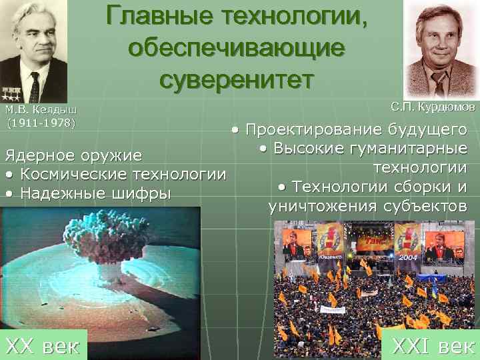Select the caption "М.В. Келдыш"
point(41,110)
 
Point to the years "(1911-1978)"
point(41,123)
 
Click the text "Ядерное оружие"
point(73,156)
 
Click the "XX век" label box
point(43,345)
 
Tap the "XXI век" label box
point(433,345)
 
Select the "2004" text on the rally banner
point(405,257)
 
